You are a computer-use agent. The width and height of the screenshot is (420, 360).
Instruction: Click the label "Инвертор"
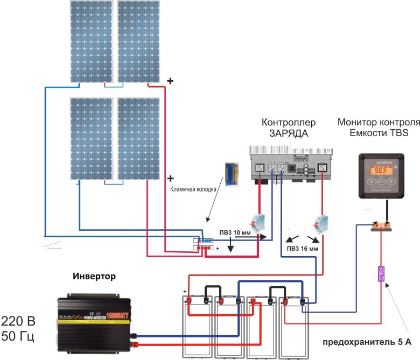coord(94,276)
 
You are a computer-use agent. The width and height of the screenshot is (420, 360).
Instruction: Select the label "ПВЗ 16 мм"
coord(303,249)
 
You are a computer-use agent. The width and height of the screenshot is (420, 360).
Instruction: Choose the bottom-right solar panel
coord(138,138)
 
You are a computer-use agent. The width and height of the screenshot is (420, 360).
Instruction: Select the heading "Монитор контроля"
coord(378,122)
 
